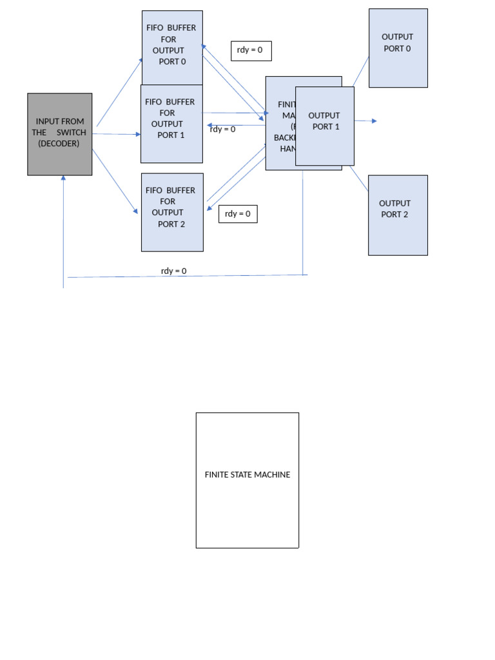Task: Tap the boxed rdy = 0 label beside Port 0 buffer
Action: point(251,50)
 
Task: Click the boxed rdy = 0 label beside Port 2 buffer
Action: point(238,214)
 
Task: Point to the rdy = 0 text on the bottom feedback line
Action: point(173,271)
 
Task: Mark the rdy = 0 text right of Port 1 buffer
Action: point(222,130)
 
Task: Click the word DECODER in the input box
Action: point(59,144)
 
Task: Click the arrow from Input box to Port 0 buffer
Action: point(120,91)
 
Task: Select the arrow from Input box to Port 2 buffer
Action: point(115,181)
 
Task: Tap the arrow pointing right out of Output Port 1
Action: point(365,121)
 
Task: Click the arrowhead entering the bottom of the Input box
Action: point(63,178)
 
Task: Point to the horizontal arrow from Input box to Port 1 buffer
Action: point(116,134)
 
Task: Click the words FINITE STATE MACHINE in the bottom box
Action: point(247,474)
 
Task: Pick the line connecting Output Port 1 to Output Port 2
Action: point(360,179)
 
